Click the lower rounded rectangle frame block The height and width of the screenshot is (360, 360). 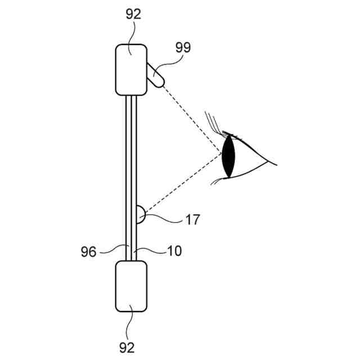pos(131,286)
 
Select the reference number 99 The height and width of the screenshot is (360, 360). pos(183,47)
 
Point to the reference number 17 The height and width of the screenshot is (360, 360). pos(192,220)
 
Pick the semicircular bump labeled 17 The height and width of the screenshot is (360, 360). pos(141,214)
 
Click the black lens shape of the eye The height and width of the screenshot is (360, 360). pos(228,156)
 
